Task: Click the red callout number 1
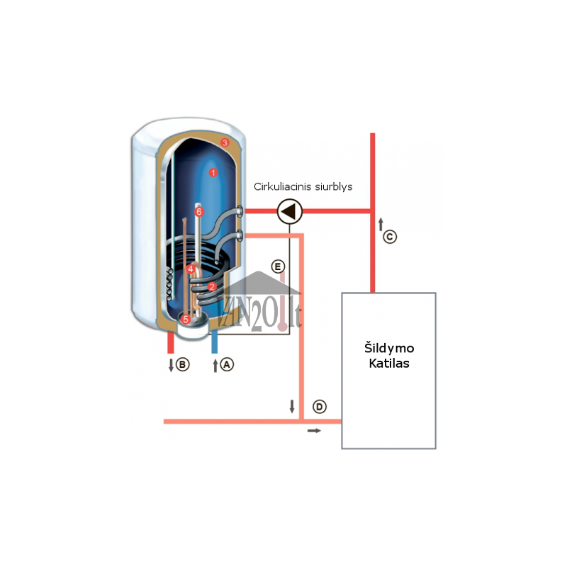coord(213,172)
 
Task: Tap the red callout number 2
coord(212,287)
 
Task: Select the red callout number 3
coord(225,142)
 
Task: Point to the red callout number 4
coord(191,269)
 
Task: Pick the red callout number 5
coord(186,320)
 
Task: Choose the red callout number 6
coord(199,211)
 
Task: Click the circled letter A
coord(227,364)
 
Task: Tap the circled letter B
coord(183,364)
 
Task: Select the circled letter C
coord(390,237)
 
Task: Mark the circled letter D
coord(320,407)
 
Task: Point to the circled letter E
coord(278,267)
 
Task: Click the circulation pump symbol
coord(290,211)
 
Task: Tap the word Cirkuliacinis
coord(282,186)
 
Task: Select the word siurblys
coord(333,187)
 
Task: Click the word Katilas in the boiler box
coord(389,364)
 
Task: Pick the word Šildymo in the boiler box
coord(389,347)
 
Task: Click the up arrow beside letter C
coord(381,224)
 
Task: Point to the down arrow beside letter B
coord(172,365)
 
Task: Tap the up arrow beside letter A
coord(215,365)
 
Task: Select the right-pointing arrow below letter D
coord(314,431)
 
